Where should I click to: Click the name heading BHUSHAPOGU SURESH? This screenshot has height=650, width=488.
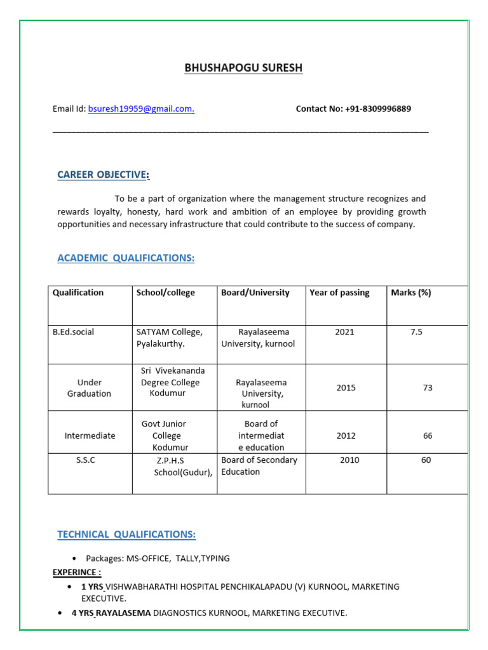click(x=243, y=68)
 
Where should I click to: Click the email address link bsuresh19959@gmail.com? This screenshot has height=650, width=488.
click(x=141, y=109)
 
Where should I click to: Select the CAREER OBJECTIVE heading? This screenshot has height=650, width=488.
click(x=103, y=175)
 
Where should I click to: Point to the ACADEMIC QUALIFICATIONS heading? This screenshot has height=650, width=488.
click(x=126, y=258)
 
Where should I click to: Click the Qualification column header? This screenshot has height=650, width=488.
click(x=78, y=293)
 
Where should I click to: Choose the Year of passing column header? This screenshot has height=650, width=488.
click(x=339, y=293)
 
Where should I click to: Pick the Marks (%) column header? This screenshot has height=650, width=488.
click(x=410, y=293)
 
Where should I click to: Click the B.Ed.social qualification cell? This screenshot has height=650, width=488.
click(x=73, y=332)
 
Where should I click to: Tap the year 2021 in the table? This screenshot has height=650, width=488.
click(x=344, y=332)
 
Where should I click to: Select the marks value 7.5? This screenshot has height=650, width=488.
click(x=416, y=332)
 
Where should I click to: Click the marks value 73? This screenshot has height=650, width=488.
click(x=428, y=388)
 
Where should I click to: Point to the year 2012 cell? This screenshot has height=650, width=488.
click(x=346, y=436)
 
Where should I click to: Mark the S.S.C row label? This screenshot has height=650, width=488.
click(x=85, y=460)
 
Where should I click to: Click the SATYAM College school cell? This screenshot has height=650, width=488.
click(x=170, y=332)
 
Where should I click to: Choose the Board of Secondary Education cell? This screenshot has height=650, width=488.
click(x=259, y=466)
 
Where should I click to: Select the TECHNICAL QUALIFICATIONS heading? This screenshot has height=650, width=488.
click(x=126, y=534)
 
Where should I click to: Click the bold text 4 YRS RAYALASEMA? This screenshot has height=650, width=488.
click(x=111, y=613)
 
